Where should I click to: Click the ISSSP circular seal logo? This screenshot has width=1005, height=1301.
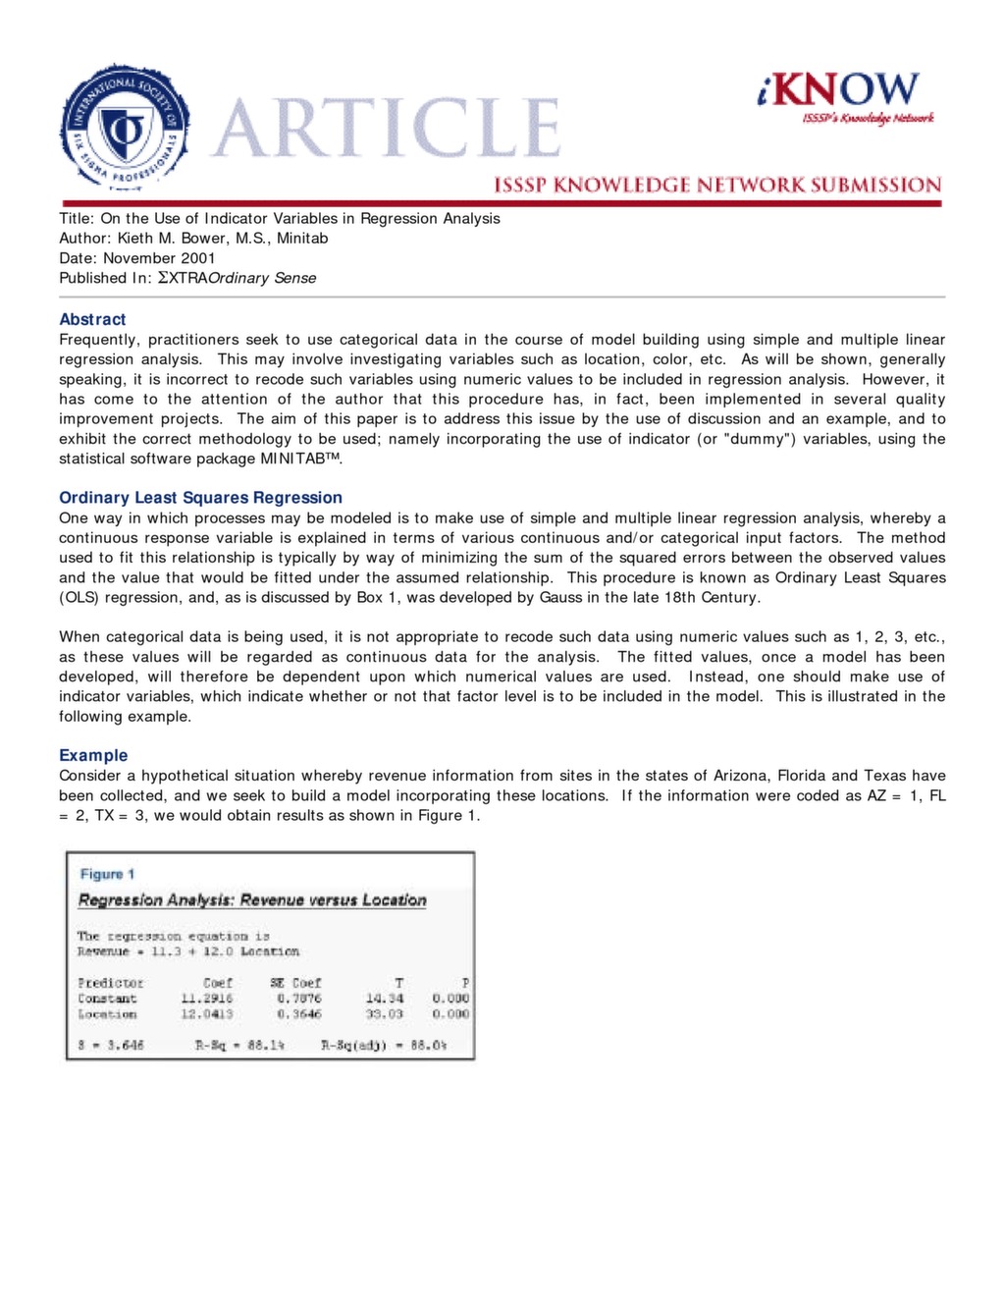point(124,128)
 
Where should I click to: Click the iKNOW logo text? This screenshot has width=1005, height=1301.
point(840,89)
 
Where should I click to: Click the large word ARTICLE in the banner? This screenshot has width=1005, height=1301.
point(387,129)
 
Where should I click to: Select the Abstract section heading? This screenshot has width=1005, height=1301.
point(92,319)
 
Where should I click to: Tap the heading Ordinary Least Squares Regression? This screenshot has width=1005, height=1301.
point(200,498)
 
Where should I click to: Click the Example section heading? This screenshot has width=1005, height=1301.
point(93,755)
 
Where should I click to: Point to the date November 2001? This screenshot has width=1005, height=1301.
point(159,258)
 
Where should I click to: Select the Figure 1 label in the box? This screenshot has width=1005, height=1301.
point(107,874)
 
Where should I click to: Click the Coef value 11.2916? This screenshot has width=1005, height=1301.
point(206,999)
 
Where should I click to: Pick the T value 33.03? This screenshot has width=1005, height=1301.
point(384,1014)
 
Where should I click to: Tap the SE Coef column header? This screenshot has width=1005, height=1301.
point(295,983)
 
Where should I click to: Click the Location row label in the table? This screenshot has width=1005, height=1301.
point(107,1014)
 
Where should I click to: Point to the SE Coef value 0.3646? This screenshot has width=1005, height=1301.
point(298,1014)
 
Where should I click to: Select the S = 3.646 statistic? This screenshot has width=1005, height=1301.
point(111,1046)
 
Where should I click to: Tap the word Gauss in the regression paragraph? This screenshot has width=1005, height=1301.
point(559,597)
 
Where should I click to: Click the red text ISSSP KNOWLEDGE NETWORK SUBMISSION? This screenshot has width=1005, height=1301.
point(716,185)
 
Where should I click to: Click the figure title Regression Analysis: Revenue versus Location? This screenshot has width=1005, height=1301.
point(252,900)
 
